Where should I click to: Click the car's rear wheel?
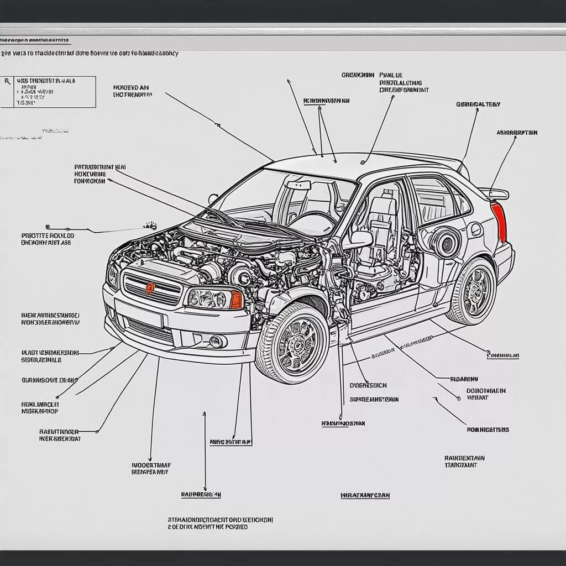pyautogui.click(x=473, y=291)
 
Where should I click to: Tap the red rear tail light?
pyautogui.click(x=499, y=222)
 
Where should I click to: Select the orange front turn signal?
pyautogui.click(x=236, y=300)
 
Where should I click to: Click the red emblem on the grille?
pyautogui.click(x=150, y=288)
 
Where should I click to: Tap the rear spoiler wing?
pyautogui.click(x=494, y=193)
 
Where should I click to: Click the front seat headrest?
pyautogui.click(x=385, y=205)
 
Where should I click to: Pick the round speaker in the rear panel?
pyautogui.click(x=446, y=242)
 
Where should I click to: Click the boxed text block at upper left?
pyautogui.click(x=49, y=92)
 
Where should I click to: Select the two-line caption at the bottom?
pyautogui.click(x=219, y=523)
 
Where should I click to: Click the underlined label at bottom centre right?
pyautogui.click(x=364, y=496)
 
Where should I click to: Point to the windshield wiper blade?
pyautogui.click(x=221, y=217)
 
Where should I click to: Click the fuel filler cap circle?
pyautogui.click(x=475, y=229)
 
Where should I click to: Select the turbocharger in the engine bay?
pyautogui.click(x=241, y=274)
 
